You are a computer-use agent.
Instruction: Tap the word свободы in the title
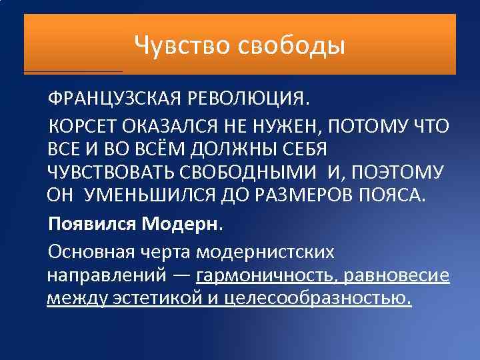(291, 45)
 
